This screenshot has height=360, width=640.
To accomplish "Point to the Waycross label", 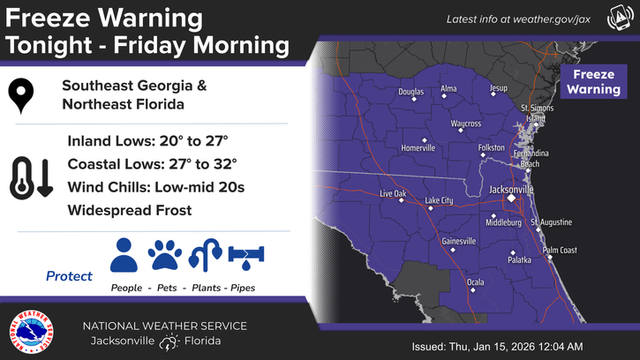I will click(465, 124).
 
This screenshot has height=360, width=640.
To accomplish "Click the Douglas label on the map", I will click(410, 92).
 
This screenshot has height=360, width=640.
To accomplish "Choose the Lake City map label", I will click(439, 201).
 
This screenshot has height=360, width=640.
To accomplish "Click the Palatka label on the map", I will click(519, 259).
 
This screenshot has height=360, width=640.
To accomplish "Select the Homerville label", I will click(418, 148).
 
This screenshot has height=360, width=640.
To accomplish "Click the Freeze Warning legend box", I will click(593, 82).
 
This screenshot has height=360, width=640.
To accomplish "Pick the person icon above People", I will click(124, 255).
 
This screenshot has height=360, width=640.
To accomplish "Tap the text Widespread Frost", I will click(129, 210).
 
